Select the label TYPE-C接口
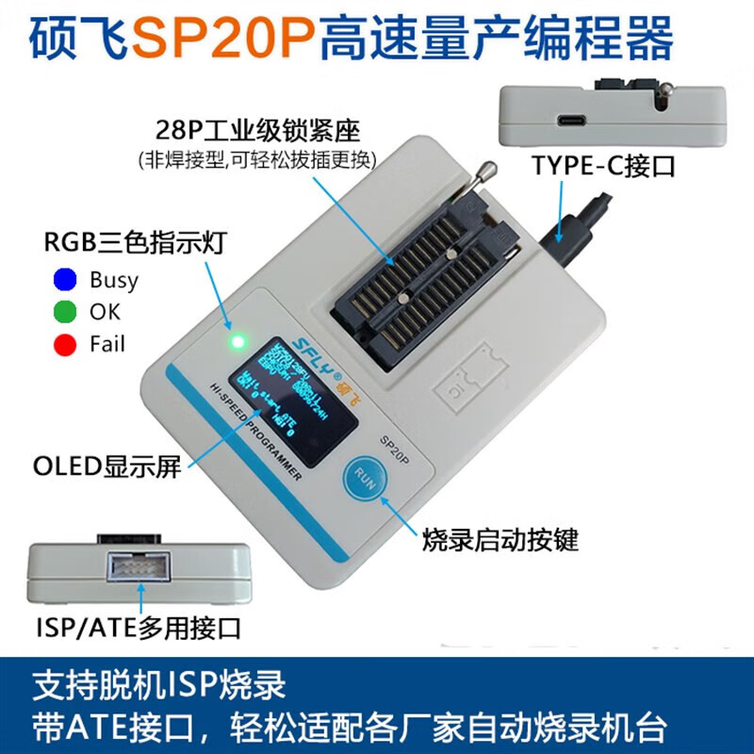click(604, 167)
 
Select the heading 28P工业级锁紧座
click(258, 128)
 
